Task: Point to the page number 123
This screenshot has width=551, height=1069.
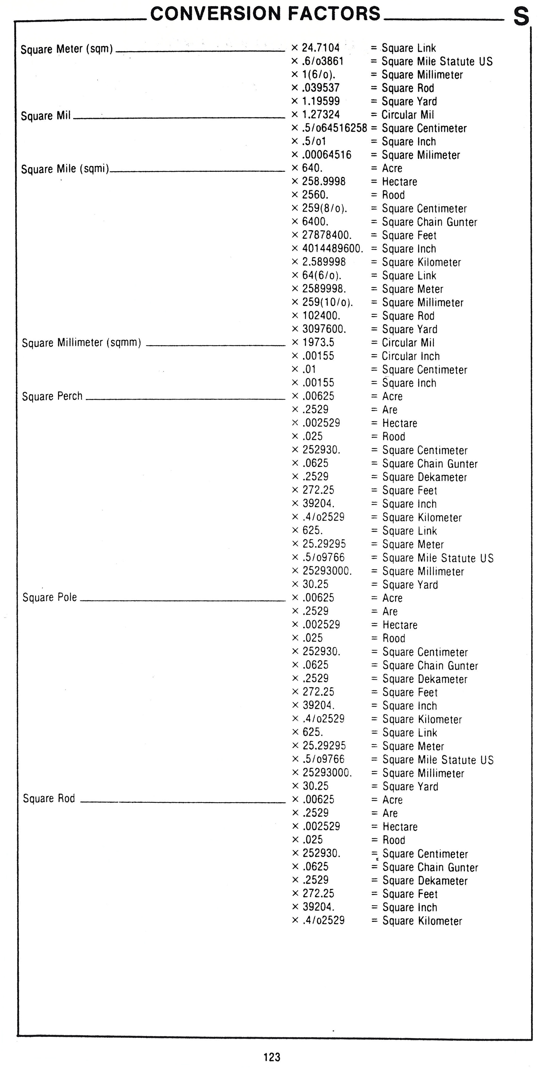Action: pyautogui.click(x=272, y=1057)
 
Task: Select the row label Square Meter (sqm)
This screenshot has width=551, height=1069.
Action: pyautogui.click(x=67, y=49)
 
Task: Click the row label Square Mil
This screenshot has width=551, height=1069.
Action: pyautogui.click(x=46, y=116)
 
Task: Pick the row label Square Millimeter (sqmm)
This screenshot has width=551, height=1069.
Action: pyautogui.click(x=81, y=343)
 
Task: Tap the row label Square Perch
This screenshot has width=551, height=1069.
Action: pyautogui.click(x=52, y=396)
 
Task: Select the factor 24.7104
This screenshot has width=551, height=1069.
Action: pyautogui.click(x=321, y=48)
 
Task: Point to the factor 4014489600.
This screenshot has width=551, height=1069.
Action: pyautogui.click(x=332, y=249)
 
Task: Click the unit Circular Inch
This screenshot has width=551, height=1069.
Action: pyautogui.click(x=410, y=356)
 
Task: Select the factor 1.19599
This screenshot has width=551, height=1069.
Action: pyautogui.click(x=321, y=101)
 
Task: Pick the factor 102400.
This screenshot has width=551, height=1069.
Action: pyautogui.click(x=321, y=316)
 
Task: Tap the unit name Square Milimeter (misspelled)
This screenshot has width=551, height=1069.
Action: pyautogui.click(x=421, y=155)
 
